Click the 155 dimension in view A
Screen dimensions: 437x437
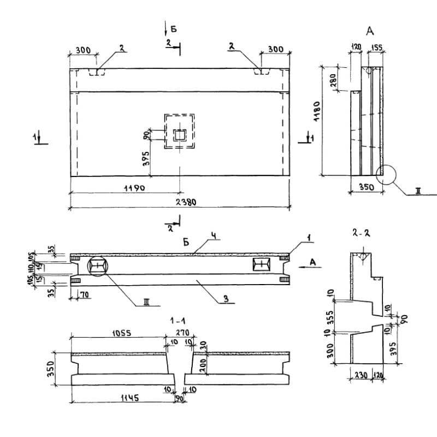[x=376, y=48]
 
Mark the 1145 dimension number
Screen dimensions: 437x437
[x=125, y=399]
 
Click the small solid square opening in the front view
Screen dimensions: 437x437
[x=179, y=134]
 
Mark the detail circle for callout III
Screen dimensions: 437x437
[x=97, y=266]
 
